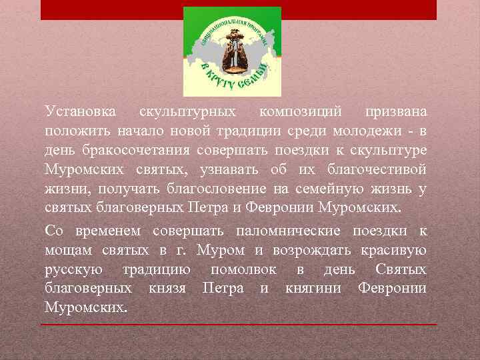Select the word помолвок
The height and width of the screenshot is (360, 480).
[243, 270]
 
